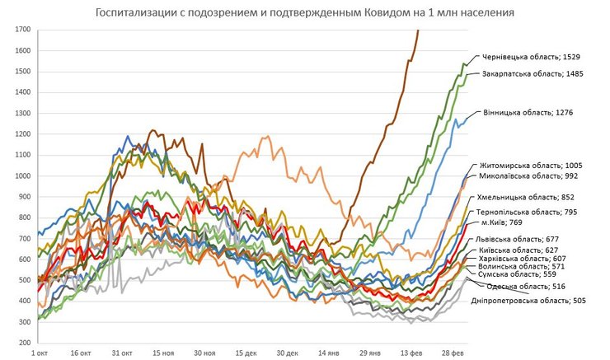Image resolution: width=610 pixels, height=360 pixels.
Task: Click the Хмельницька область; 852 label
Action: (x=526, y=198)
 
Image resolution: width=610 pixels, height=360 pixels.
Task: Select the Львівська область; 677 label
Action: (x=514, y=240)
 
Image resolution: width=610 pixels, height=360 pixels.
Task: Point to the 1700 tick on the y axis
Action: (x=22, y=30)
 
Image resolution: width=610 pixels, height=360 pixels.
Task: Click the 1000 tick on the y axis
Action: (x=22, y=175)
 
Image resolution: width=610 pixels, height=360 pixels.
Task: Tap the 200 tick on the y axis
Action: (x=25, y=343)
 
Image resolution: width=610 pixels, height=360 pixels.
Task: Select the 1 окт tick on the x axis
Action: (x=40, y=353)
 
